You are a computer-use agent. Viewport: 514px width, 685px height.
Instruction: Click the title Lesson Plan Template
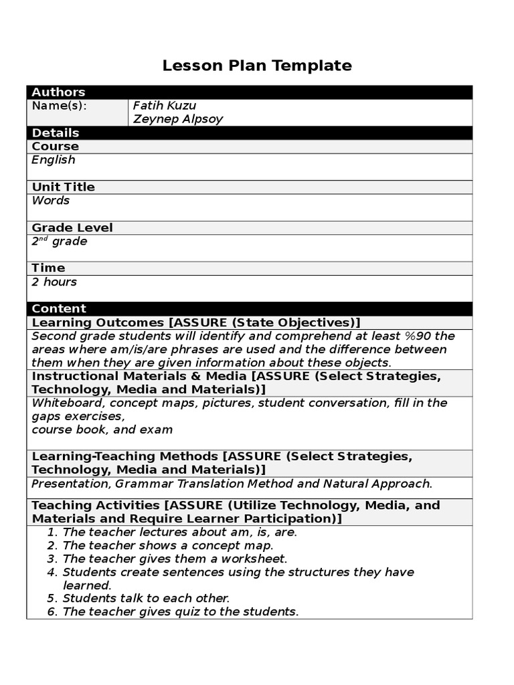point(257,66)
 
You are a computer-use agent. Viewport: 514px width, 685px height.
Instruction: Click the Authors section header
point(58,92)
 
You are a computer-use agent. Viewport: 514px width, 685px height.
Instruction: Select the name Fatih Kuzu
point(165,106)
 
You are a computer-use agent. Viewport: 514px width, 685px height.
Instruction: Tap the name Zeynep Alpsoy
point(177,119)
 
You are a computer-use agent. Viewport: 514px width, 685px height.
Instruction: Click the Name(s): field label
point(60,106)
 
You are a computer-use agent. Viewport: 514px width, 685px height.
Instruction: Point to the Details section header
point(56,132)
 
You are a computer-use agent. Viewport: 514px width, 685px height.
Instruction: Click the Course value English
point(54,160)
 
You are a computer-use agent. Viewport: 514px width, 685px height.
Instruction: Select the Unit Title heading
point(64,187)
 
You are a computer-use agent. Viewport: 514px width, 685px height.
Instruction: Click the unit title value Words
point(50,201)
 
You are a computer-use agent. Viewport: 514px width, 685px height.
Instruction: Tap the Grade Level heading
point(72,227)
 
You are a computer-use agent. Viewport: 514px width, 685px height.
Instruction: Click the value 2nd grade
point(59,241)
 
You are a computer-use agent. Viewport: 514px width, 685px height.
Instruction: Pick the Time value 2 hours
point(54,282)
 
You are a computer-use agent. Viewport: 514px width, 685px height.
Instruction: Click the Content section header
point(59,308)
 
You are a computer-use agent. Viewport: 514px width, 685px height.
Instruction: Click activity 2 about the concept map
point(167,545)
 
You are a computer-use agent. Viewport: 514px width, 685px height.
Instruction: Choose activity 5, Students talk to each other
point(146,598)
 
